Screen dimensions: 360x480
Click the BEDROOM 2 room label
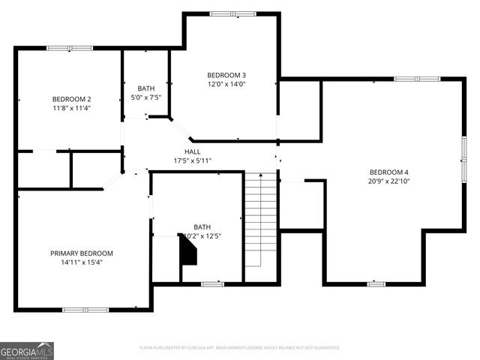click(71, 99)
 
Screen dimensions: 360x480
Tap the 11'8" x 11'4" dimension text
click(71, 108)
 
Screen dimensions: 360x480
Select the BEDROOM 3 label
click(226, 75)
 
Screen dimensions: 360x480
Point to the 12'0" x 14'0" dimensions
click(226, 84)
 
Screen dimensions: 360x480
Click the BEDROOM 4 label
click(388, 171)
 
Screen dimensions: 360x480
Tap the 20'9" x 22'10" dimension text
click(388, 181)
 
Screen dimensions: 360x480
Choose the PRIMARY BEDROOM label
click(82, 253)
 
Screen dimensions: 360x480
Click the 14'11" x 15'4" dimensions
click(82, 262)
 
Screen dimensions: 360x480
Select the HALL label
click(193, 151)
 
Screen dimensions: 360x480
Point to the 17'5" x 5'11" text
click(193, 160)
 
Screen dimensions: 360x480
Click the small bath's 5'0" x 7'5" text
click(146, 97)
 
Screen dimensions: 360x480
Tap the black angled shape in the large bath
click(187, 249)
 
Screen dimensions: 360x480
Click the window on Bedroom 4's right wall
click(463, 159)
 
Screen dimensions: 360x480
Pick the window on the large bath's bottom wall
click(212, 283)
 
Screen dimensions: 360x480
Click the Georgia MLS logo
click(27, 350)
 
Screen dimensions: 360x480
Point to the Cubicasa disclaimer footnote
click(240, 348)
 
